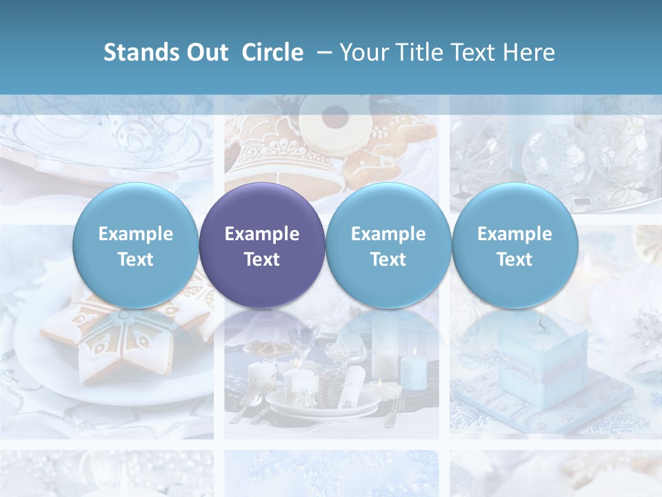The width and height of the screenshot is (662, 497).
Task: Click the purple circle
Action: [262, 245]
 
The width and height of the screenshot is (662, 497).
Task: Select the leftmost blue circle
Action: [136, 245]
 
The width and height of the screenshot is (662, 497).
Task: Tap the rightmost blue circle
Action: [515, 245]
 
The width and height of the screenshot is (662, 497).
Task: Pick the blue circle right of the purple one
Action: [388, 245]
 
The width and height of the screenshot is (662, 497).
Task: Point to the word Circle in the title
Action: [272, 52]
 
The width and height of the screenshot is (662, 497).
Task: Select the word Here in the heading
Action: [529, 52]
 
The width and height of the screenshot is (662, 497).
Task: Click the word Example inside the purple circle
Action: [262, 234]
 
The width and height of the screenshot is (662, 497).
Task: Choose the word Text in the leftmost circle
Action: [136, 260]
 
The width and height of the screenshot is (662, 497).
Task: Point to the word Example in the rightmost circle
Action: [515, 234]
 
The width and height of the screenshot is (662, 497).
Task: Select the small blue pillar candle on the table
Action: [413, 369]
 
